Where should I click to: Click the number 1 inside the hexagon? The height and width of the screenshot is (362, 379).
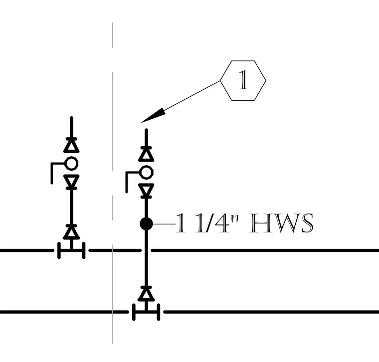tap(243, 80)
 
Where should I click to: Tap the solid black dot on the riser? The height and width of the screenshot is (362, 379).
tap(146, 224)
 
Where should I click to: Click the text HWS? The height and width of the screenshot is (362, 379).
tap(282, 223)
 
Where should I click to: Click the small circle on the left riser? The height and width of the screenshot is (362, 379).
tap(71, 164)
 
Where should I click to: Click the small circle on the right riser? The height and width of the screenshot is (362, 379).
tap(146, 173)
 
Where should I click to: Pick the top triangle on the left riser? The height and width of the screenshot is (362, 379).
tap(71, 146)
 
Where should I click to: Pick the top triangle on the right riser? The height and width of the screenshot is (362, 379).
tap(146, 154)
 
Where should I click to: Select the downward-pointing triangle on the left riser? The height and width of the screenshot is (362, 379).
tap(71, 181)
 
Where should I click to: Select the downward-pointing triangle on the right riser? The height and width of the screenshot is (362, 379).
tap(146, 190)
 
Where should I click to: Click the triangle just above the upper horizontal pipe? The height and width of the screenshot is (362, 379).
tap(71, 232)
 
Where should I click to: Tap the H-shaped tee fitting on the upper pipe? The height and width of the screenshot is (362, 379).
tap(71, 250)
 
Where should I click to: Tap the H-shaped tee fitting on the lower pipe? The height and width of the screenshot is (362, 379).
tap(146, 312)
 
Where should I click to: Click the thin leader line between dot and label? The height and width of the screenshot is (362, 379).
tap(164, 224)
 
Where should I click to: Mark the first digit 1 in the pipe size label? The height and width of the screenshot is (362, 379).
tap(181, 223)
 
